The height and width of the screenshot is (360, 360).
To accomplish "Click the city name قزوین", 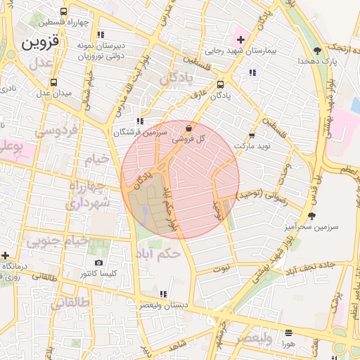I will click(x=42, y=41).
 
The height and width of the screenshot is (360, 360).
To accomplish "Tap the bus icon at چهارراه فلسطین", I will click(x=64, y=11).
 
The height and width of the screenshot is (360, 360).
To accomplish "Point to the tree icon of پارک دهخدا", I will click(x=318, y=50).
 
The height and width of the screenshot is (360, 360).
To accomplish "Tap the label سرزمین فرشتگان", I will click(x=141, y=131).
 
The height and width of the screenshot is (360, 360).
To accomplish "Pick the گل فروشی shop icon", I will click(x=188, y=129).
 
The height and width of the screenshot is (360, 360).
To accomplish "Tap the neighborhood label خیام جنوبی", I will click(x=58, y=240).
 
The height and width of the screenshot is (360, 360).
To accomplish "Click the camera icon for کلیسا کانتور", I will click(x=98, y=262).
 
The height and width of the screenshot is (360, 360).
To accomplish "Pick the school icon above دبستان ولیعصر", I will click(x=163, y=294).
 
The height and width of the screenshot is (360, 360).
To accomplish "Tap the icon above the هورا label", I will click(x=288, y=333).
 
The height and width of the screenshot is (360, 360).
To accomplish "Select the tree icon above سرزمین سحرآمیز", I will click(x=312, y=216).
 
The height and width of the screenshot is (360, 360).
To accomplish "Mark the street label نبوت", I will click(x=221, y=267).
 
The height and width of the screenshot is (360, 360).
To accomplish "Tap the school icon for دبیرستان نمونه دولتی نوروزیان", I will click(x=101, y=34).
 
